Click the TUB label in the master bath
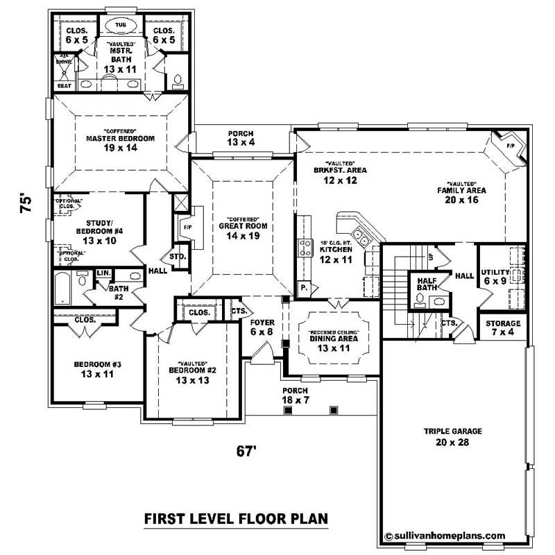[120, 22]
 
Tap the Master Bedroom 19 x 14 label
[120, 143]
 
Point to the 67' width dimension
[246, 451]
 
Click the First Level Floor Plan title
[235, 519]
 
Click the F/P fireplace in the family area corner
[510, 147]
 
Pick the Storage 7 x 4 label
[504, 329]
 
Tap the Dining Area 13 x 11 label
[333, 343]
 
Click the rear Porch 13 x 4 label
[241, 138]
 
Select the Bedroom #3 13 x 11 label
[98, 370]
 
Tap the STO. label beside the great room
[178, 257]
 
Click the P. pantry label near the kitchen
[304, 287]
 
